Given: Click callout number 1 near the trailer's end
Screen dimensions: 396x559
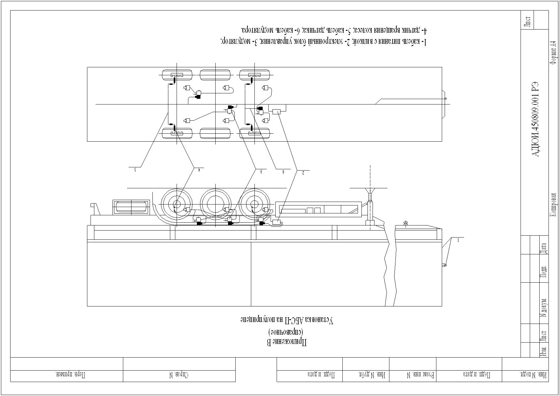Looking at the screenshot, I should point(458,240).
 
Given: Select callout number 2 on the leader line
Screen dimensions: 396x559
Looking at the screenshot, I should point(303,173).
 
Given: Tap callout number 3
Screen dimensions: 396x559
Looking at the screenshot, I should point(261,171).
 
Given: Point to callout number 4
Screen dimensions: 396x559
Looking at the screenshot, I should point(199,170).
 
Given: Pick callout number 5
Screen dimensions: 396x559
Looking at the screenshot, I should point(135,170).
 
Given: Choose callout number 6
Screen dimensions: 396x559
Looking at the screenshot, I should point(283,172).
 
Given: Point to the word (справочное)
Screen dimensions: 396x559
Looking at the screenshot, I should point(286,332).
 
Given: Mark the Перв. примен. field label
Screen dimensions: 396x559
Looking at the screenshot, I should point(71,375).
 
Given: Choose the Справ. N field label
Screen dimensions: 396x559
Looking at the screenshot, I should point(178,375).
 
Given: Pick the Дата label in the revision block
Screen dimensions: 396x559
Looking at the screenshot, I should point(544,248).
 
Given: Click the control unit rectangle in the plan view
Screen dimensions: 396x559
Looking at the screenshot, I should point(277,112).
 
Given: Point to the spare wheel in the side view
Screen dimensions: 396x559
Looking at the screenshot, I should point(131,207).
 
